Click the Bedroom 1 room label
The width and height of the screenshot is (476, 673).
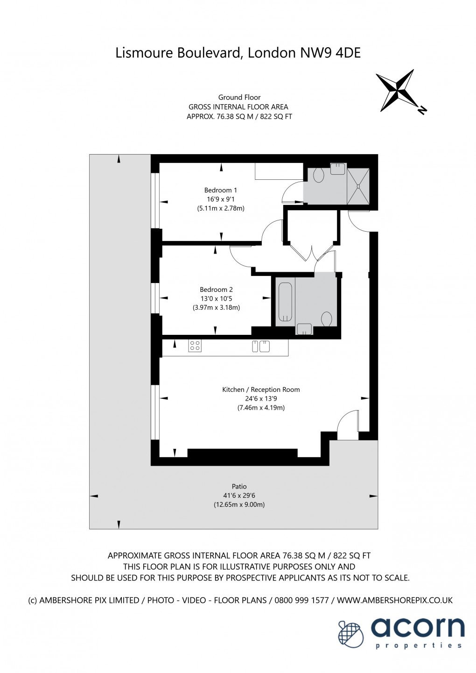point(220,190)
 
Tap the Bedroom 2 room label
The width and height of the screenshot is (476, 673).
point(216,290)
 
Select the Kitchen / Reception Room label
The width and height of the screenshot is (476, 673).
point(261,390)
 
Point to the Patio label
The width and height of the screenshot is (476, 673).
point(239,486)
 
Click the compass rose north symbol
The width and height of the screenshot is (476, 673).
point(400,91)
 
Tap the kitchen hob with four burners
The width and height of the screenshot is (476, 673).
point(195,346)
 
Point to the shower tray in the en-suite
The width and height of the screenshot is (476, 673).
point(358,186)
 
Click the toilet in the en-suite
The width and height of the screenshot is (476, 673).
point(319,175)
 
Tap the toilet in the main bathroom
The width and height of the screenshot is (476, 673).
point(327,319)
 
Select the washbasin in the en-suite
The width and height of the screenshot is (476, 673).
point(337,169)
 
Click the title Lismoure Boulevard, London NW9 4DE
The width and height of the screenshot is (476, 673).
point(238,53)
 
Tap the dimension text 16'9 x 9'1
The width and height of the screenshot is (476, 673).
point(220,199)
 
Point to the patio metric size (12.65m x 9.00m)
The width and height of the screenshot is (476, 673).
point(239,504)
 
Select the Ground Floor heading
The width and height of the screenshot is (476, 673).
point(239,97)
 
